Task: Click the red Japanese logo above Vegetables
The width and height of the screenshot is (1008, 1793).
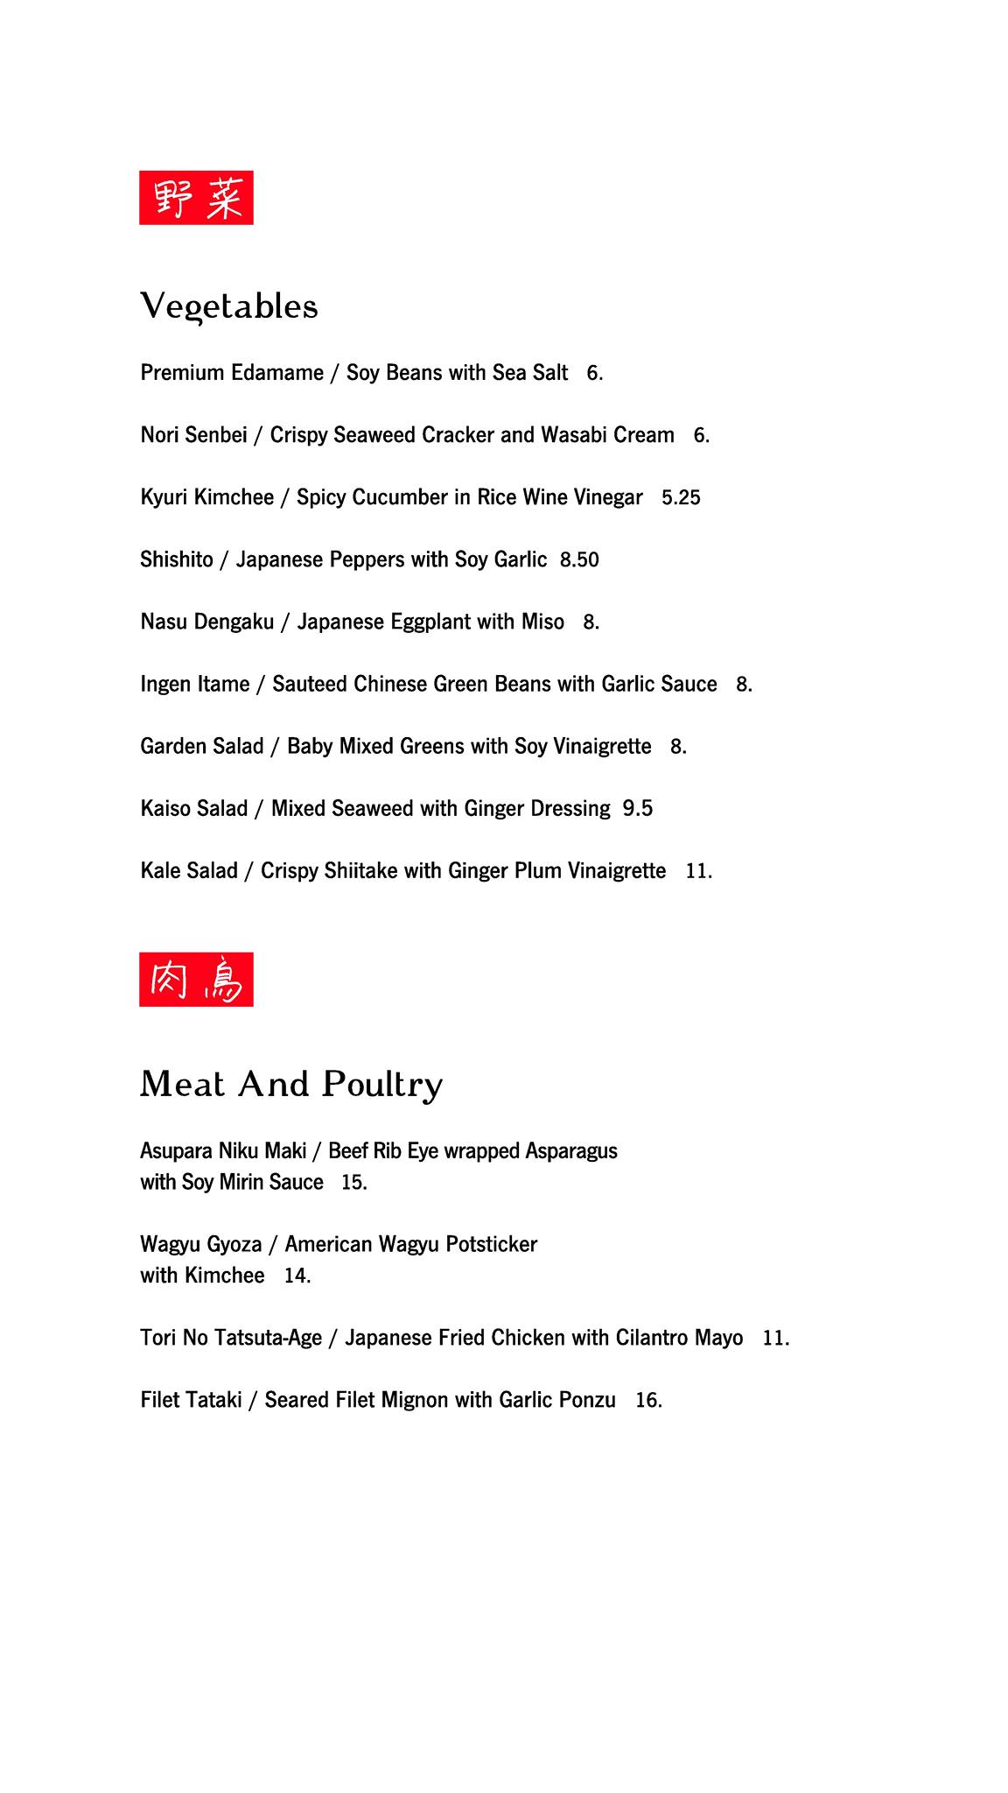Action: click(x=196, y=198)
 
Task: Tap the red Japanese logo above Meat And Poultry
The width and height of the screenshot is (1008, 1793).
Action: click(x=196, y=980)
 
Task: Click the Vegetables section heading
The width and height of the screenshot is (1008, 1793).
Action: click(x=229, y=306)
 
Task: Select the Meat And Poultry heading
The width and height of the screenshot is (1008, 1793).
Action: click(x=291, y=1085)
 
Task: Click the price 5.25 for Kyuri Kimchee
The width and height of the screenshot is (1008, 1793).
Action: click(x=681, y=497)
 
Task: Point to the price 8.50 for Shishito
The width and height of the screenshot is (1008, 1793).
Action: click(x=579, y=559)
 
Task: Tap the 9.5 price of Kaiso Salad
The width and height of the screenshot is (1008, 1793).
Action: click(x=638, y=808)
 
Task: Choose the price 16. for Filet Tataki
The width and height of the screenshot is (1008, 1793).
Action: click(x=648, y=1400)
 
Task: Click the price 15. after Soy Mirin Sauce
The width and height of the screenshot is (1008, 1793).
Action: click(x=353, y=1182)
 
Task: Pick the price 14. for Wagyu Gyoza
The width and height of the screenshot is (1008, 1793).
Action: click(x=297, y=1276)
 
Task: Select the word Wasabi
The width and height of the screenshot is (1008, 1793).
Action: click(x=575, y=435)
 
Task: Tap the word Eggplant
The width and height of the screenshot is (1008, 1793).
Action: click(x=430, y=622)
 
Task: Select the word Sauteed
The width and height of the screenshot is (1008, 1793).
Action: click(x=310, y=684)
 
